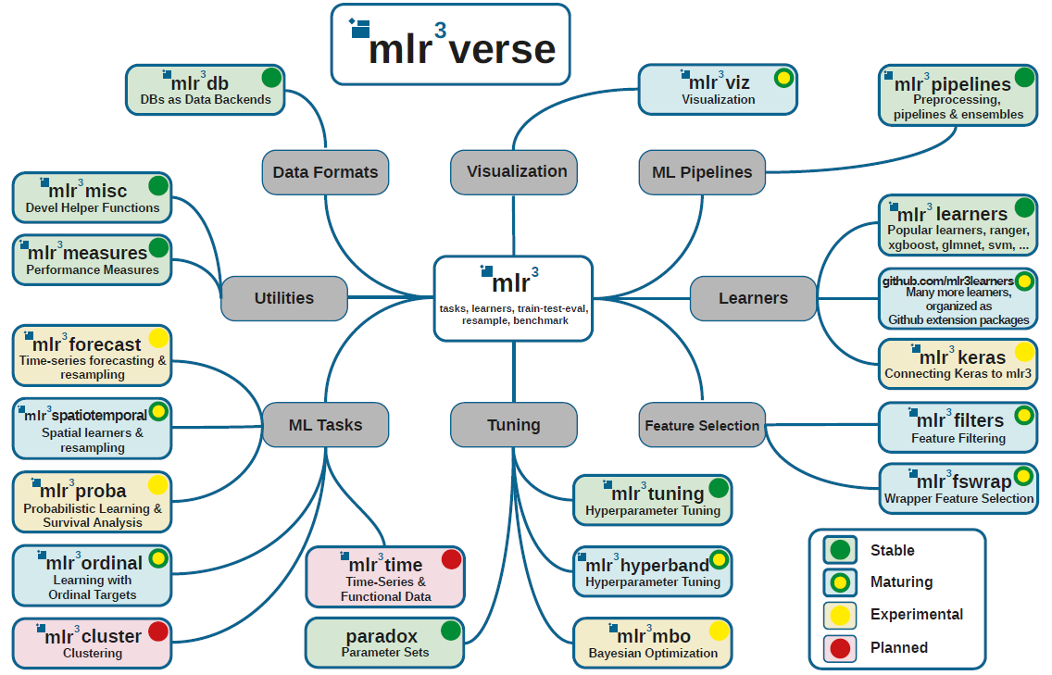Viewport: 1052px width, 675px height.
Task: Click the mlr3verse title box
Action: tap(451, 44)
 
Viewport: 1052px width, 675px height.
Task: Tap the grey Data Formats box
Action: tap(325, 171)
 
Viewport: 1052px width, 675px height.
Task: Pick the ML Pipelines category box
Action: tap(702, 171)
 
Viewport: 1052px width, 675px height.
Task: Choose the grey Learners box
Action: tap(753, 298)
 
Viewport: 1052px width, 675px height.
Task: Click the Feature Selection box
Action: tap(702, 425)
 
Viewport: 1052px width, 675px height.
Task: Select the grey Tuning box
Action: tap(513, 425)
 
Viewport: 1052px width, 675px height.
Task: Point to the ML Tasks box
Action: tap(325, 425)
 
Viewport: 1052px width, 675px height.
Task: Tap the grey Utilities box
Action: tap(283, 298)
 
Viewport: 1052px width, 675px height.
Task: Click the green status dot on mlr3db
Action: tap(271, 78)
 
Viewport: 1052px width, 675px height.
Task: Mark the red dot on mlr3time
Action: tap(451, 559)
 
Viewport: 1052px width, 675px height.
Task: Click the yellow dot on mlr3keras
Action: tap(1024, 352)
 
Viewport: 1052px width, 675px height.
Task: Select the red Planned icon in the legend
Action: tap(840, 647)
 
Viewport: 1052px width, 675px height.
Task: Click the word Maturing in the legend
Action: tap(901, 582)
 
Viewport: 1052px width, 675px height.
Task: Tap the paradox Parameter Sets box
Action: tap(384, 644)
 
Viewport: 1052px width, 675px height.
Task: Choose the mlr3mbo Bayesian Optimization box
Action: tap(653, 644)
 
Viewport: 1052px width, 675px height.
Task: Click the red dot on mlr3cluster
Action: tap(158, 631)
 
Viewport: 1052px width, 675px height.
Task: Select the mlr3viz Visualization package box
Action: tap(718, 89)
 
